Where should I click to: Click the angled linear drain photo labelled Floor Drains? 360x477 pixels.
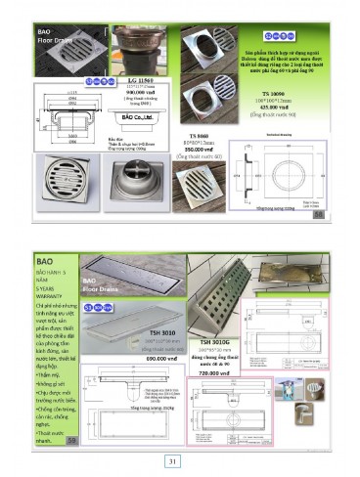click(137, 283)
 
